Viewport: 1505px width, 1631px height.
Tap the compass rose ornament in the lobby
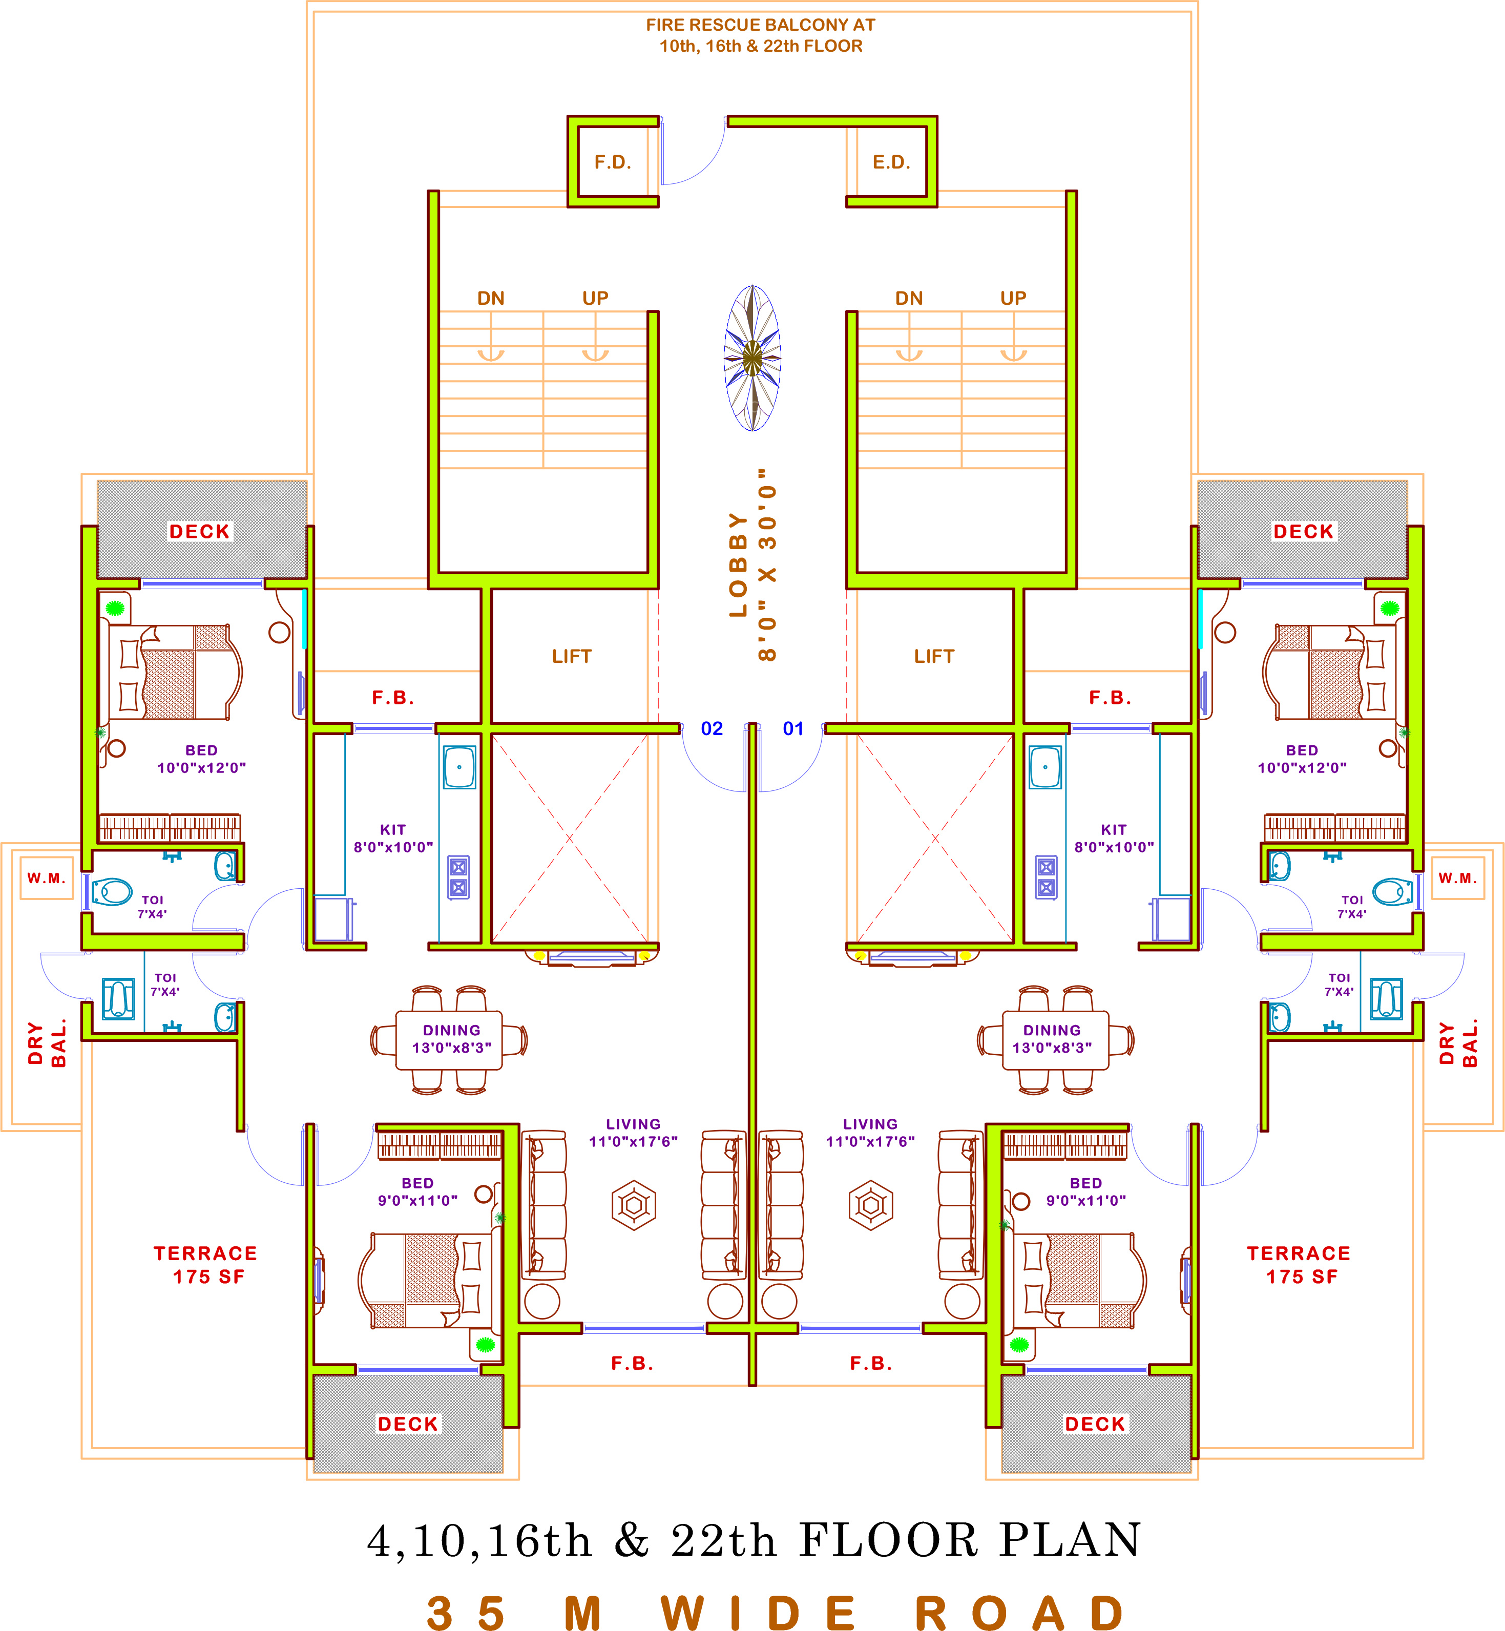(752, 358)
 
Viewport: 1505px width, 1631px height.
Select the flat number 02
(712, 729)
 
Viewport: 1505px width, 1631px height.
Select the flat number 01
(793, 729)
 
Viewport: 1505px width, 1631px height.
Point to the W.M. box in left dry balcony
(47, 878)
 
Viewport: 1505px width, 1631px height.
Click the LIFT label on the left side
(572, 656)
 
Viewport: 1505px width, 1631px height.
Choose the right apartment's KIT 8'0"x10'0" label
(1114, 839)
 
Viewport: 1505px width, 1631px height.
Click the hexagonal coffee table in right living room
(871, 1205)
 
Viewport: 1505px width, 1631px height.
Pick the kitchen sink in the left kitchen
(459, 767)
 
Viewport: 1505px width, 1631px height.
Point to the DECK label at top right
(1303, 532)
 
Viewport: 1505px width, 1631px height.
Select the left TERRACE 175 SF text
(205, 1265)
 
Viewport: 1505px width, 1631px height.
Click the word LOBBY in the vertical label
(738, 564)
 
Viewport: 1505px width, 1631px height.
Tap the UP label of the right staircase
(1013, 298)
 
